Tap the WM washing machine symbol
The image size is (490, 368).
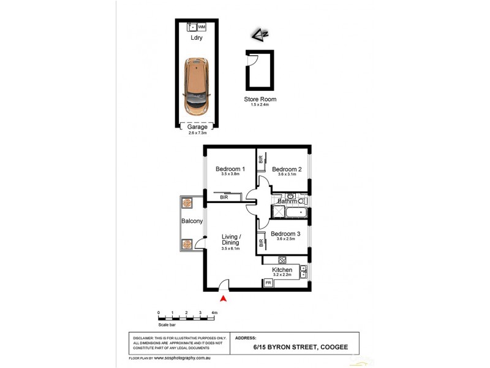tap(202, 27)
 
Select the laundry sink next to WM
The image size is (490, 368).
tap(192, 27)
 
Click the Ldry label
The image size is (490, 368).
tap(197, 38)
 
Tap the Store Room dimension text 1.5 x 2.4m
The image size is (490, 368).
tap(260, 105)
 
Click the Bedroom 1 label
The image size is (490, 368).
tap(230, 169)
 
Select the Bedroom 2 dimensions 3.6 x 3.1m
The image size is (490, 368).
tap(287, 175)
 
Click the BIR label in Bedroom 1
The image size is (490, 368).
tap(225, 197)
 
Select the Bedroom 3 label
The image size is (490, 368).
tap(287, 234)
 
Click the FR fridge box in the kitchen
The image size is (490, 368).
tap(268, 283)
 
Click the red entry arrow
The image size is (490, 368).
tap(224, 299)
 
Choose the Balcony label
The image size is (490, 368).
tap(191, 221)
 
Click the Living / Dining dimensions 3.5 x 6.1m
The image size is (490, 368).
tap(230, 249)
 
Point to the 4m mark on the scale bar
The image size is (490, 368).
tap(213, 313)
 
